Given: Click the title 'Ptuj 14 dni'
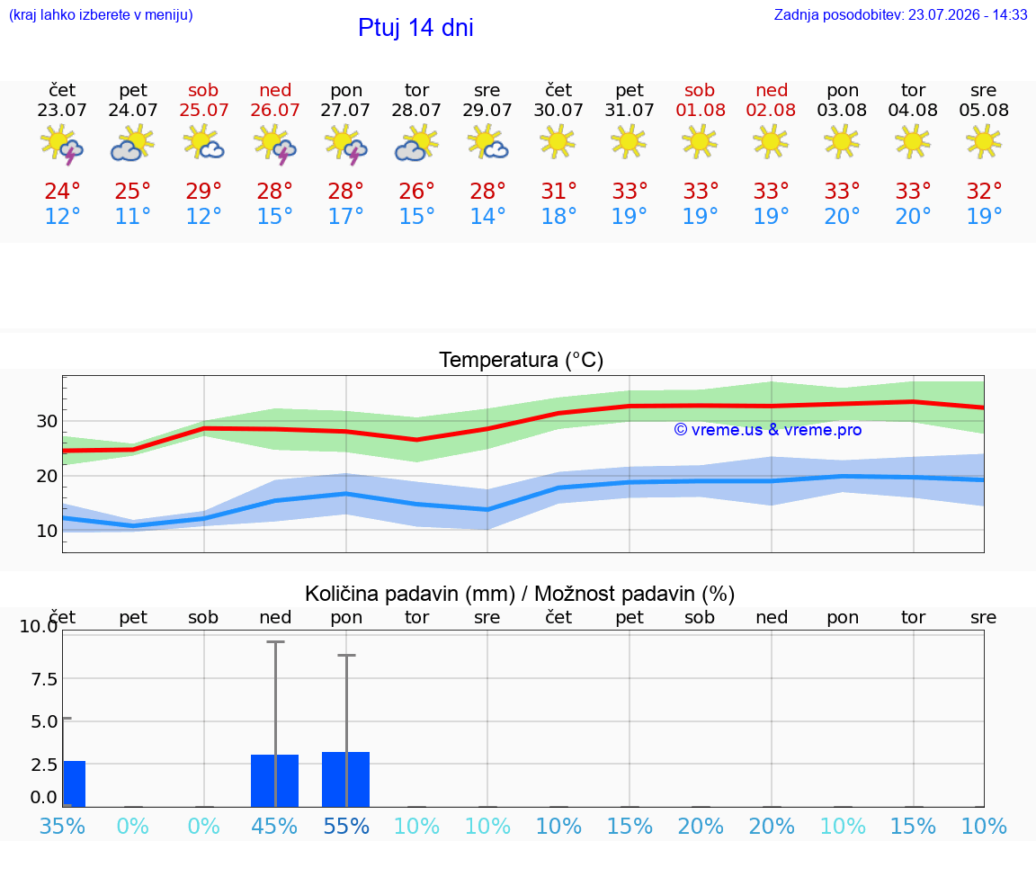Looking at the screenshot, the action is pos(415,28).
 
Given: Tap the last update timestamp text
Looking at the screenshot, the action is pos(900,14).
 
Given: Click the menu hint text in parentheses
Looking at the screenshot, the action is pos(101,14).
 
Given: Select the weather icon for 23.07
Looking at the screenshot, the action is pos(61,144).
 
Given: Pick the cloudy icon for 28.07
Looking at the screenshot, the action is pos(416,144).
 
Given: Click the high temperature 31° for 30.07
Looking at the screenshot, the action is pos(559,191).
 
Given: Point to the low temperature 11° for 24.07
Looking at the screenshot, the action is pos(133,216).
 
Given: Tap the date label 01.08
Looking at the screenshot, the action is pos(701,110).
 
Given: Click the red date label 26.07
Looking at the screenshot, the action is pos(275,110).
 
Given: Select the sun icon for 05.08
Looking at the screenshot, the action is pos(984,142).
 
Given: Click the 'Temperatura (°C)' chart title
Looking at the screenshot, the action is pos(522,360).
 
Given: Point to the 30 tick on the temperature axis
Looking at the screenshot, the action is pos(47,421).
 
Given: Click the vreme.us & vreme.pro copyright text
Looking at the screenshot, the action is pos(768,430).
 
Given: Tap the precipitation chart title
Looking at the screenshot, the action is pos(520,594).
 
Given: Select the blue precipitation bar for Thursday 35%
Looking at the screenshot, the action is pos(75,783).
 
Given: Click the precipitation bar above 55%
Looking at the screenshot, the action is pos(345,779).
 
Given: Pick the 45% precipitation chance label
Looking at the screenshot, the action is pos(274,826).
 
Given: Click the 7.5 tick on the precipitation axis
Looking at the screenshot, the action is pos(44,679).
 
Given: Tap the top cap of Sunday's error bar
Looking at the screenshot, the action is pos(275,641).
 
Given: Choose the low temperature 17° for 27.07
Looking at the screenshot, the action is pos(345,216).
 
